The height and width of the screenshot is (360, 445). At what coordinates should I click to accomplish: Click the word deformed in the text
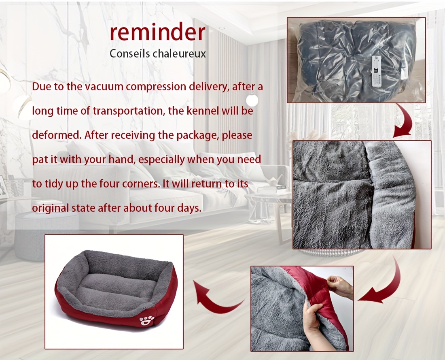tap(57, 135)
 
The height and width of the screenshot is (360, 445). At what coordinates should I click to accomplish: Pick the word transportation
tap(129, 111)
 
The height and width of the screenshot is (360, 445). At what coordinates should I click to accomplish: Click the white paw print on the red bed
tap(147, 320)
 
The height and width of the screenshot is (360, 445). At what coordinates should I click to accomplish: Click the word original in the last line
tap(50, 209)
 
